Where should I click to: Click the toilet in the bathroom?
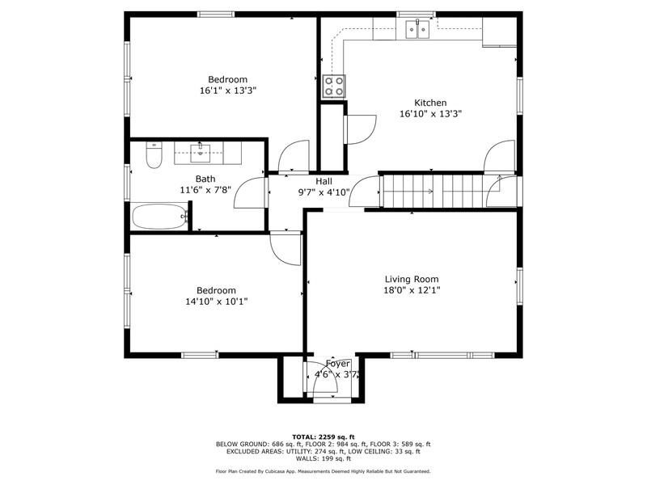tap(154, 155)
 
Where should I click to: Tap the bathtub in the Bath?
tap(160, 216)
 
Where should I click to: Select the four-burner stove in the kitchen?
tap(334, 86)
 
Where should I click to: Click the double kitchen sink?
tap(417, 29)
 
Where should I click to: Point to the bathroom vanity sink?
tap(200, 153)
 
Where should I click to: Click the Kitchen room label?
tap(430, 103)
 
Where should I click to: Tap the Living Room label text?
tap(412, 279)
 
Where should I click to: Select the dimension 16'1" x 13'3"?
tap(228, 91)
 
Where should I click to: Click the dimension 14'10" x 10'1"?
tap(217, 302)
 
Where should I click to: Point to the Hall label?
tap(324, 181)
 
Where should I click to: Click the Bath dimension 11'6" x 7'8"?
tap(205, 190)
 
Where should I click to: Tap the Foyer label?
tap(338, 364)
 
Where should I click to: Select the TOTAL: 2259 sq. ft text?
tap(323, 436)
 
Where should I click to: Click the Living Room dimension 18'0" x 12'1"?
tap(412, 290)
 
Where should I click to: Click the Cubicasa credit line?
tap(323, 471)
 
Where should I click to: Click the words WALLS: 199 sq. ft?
tap(323, 458)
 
